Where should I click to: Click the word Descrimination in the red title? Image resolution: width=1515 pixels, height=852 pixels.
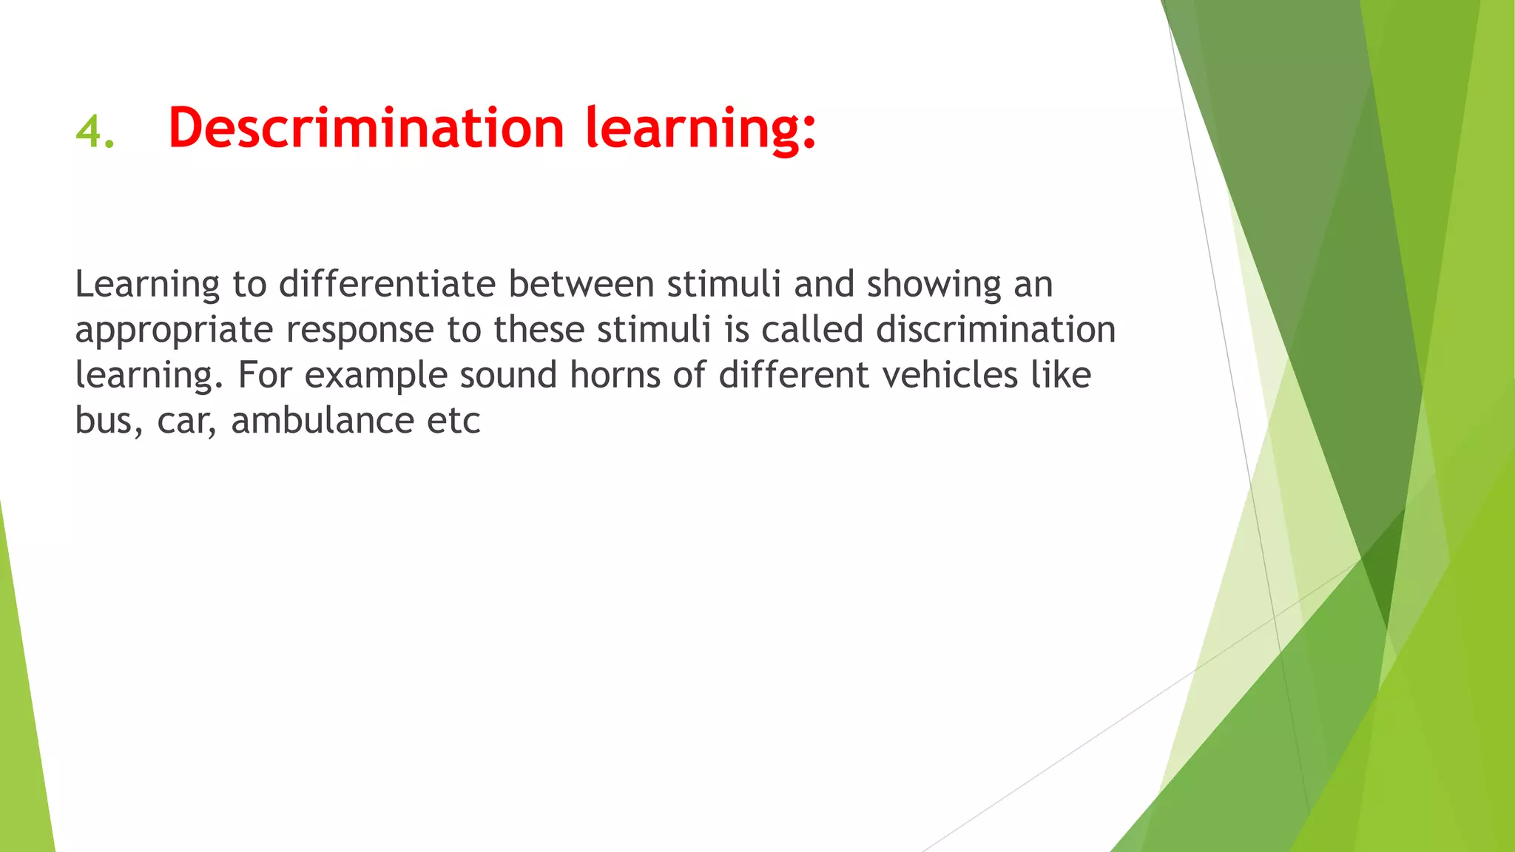(x=366, y=128)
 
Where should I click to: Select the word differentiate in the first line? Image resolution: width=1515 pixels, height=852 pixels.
(x=387, y=284)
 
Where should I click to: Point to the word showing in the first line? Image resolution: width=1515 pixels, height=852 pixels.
(x=934, y=285)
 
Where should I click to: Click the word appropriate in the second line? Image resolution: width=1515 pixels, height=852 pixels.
(x=174, y=331)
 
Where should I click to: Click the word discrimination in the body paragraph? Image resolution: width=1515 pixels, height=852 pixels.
(x=995, y=329)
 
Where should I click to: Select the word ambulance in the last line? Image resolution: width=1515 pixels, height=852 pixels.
(x=323, y=421)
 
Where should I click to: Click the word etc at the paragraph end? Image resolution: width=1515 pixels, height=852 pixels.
(x=453, y=421)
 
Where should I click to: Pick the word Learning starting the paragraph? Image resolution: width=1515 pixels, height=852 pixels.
(x=147, y=285)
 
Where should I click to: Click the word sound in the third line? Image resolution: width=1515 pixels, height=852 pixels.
(x=507, y=375)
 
